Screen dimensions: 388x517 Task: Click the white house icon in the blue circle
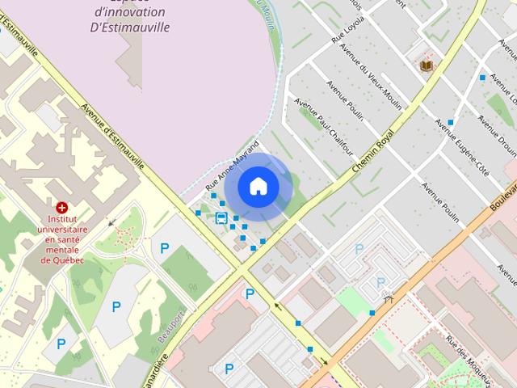coord(258,186)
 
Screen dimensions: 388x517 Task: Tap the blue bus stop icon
coord(221,217)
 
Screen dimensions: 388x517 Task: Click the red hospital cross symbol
coord(61,208)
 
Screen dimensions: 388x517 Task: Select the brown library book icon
coord(426,64)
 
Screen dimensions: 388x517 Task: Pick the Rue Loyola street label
coord(348,28)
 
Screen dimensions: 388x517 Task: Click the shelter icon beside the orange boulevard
coord(389,297)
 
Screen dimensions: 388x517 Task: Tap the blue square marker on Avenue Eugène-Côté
coord(451,122)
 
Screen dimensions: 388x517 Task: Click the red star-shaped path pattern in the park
coord(124,237)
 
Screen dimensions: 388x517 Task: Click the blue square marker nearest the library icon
coord(482,78)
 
